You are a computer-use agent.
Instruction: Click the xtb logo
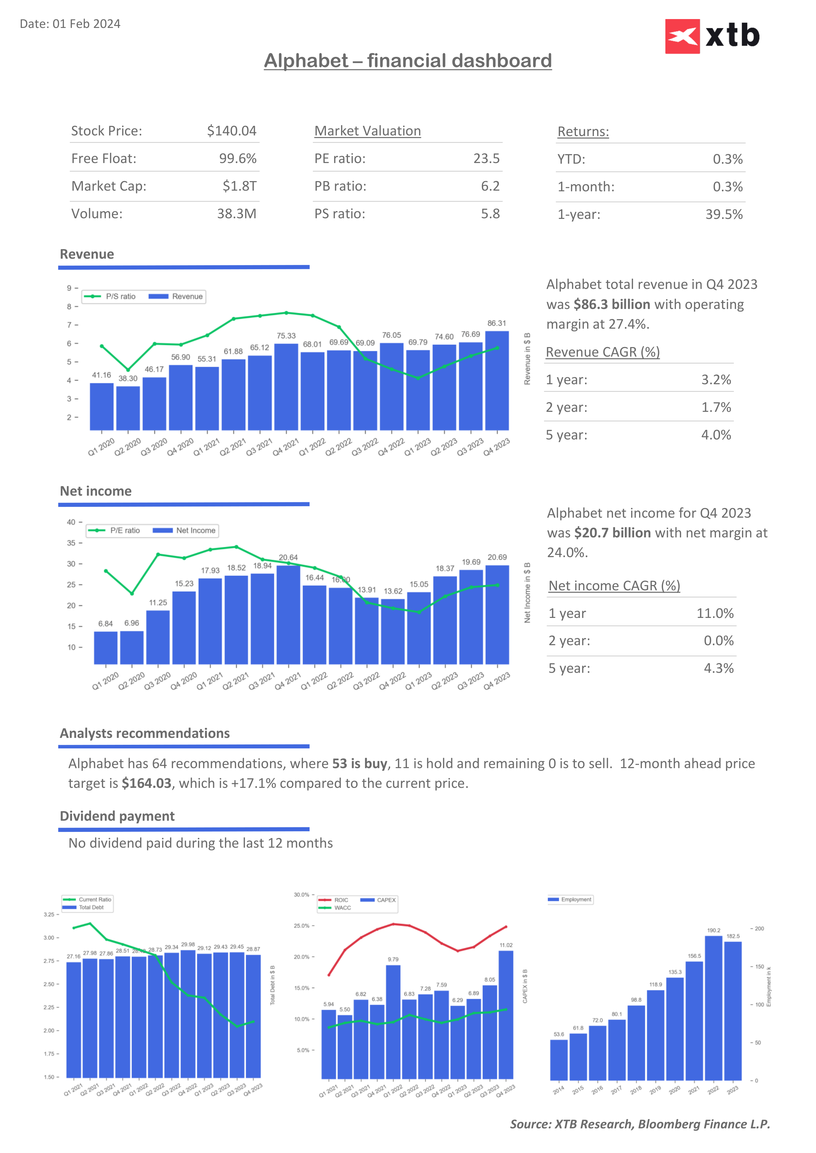click(x=712, y=36)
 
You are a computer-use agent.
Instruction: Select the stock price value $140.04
click(x=232, y=131)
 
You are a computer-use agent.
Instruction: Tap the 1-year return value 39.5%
click(x=724, y=214)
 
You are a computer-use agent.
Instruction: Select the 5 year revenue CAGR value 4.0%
click(x=716, y=435)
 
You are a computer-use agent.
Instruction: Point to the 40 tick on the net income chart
click(x=71, y=522)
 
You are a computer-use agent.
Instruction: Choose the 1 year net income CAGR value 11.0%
click(x=714, y=614)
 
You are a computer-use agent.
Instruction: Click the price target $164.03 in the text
click(x=147, y=783)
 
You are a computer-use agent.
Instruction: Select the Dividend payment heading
click(x=117, y=816)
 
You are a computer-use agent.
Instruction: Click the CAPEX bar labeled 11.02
click(x=506, y=1014)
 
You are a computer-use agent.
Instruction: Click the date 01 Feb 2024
click(x=87, y=24)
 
